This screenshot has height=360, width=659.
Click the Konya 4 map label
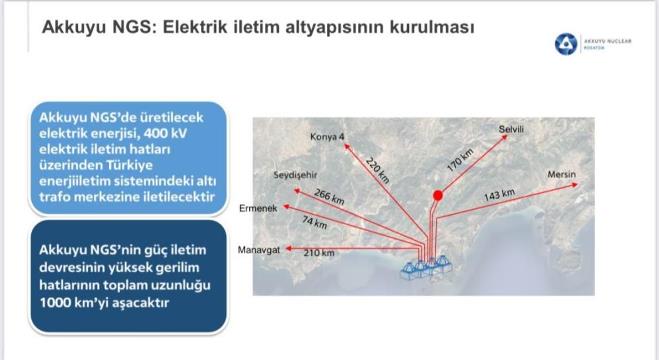(327, 137)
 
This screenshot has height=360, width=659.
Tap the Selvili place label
(511, 129)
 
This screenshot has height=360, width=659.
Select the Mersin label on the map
(561, 174)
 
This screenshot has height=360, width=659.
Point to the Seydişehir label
(295, 175)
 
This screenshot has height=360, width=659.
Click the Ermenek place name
(258, 208)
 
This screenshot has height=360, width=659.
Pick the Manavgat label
(258, 250)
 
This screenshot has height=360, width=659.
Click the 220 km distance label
(377, 170)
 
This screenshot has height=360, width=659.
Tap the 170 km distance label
(460, 160)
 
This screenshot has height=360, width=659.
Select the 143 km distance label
(499, 195)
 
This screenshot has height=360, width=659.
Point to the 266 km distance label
(329, 197)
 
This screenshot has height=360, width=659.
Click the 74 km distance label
(314, 222)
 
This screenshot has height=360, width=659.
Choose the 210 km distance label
(319, 253)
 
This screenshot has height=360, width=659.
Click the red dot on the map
(438, 195)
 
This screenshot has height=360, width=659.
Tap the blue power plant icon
(426, 268)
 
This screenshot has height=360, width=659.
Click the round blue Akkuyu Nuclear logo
(565, 44)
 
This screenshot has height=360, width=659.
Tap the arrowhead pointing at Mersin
(575, 184)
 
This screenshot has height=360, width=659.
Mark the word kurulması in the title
(432, 27)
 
